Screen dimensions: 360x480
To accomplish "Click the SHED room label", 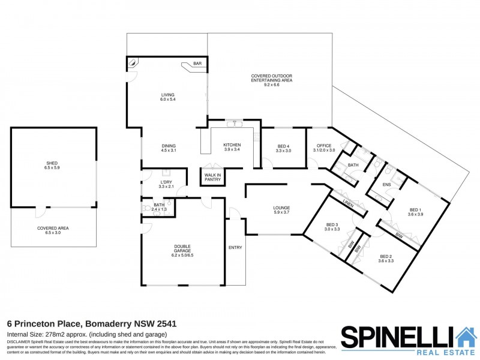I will click(52, 165).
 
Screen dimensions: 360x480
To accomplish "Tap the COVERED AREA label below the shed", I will click(52, 229).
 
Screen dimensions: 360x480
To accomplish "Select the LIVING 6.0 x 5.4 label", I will click(167, 97).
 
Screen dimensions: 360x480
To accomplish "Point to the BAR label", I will click(196, 63).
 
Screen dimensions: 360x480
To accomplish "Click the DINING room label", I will click(168, 148).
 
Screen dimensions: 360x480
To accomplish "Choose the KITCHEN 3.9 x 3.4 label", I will click(232, 147).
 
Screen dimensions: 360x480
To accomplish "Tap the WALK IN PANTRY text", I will click(212, 177).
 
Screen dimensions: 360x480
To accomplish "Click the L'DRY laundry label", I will click(166, 184).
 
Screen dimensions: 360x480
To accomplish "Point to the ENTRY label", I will click(235, 247).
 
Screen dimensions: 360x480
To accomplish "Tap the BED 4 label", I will click(284, 149).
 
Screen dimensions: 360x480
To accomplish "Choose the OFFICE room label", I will click(324, 148).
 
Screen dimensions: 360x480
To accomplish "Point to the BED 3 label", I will click(332, 226).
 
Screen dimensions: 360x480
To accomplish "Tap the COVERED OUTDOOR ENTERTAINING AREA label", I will click(271, 79).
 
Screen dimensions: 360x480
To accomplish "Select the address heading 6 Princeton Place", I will click(91, 323).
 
